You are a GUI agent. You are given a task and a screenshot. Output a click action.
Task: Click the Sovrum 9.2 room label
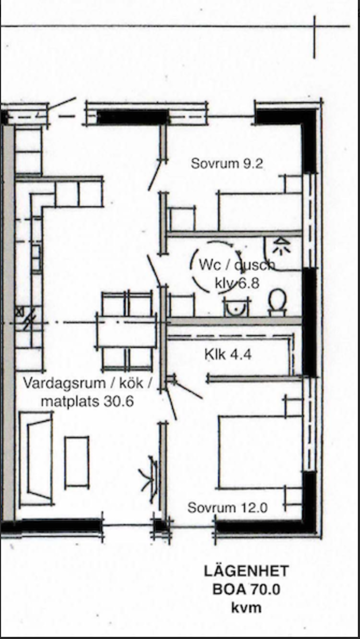click(x=227, y=164)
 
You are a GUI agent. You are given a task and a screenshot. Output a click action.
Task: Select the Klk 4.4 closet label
click(x=228, y=354)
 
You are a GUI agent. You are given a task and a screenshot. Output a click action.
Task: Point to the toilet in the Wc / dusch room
click(x=277, y=302)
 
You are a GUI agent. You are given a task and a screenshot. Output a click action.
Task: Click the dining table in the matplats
click(x=126, y=330)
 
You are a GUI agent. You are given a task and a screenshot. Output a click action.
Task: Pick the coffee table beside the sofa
click(x=77, y=461)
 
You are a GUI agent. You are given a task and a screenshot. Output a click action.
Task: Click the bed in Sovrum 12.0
click(x=260, y=452)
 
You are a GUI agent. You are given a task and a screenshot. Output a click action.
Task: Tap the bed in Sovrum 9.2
click(x=260, y=211)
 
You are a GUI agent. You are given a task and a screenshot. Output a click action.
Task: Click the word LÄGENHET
click(x=246, y=571)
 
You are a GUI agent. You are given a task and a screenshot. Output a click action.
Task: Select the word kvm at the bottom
click(x=246, y=608)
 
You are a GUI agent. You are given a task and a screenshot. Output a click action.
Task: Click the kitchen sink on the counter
click(x=37, y=258)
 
